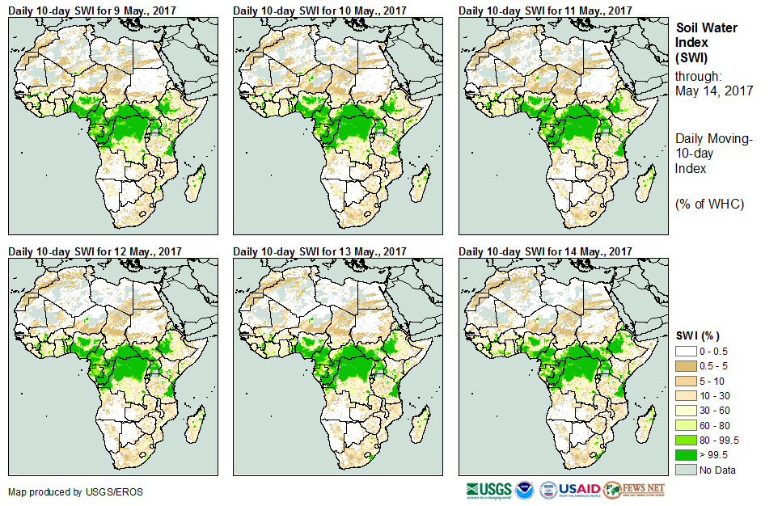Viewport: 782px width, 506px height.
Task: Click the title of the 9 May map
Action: coord(94,10)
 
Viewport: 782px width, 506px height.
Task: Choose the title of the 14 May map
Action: coord(546,251)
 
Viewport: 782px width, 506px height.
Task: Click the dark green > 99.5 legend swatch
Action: coord(687,454)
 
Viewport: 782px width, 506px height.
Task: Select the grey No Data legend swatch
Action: coord(687,469)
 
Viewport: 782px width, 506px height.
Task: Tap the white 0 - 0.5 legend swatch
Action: coord(687,352)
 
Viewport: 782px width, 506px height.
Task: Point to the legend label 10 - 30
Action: coord(715,396)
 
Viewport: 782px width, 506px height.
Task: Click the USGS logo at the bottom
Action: coord(488,490)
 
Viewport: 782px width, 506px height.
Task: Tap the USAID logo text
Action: coord(581,490)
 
